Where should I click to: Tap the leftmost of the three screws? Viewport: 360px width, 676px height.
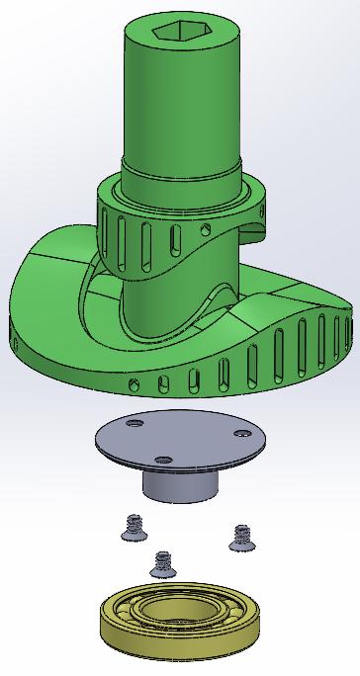pyautogui.click(x=129, y=527)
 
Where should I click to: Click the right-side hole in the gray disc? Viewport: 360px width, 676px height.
pyautogui.click(x=239, y=433)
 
